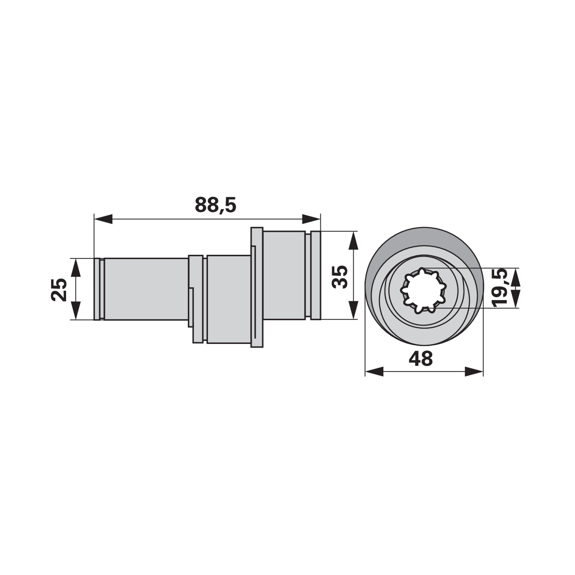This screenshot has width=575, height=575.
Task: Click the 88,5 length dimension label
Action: (x=216, y=205)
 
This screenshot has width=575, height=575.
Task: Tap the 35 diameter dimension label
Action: (x=340, y=276)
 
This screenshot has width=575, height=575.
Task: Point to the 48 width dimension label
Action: (x=421, y=359)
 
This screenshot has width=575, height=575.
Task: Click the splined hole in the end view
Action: (x=423, y=290)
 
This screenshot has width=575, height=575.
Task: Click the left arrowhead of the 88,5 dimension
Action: (x=103, y=219)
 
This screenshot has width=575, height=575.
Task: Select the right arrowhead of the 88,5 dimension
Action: (x=311, y=219)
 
